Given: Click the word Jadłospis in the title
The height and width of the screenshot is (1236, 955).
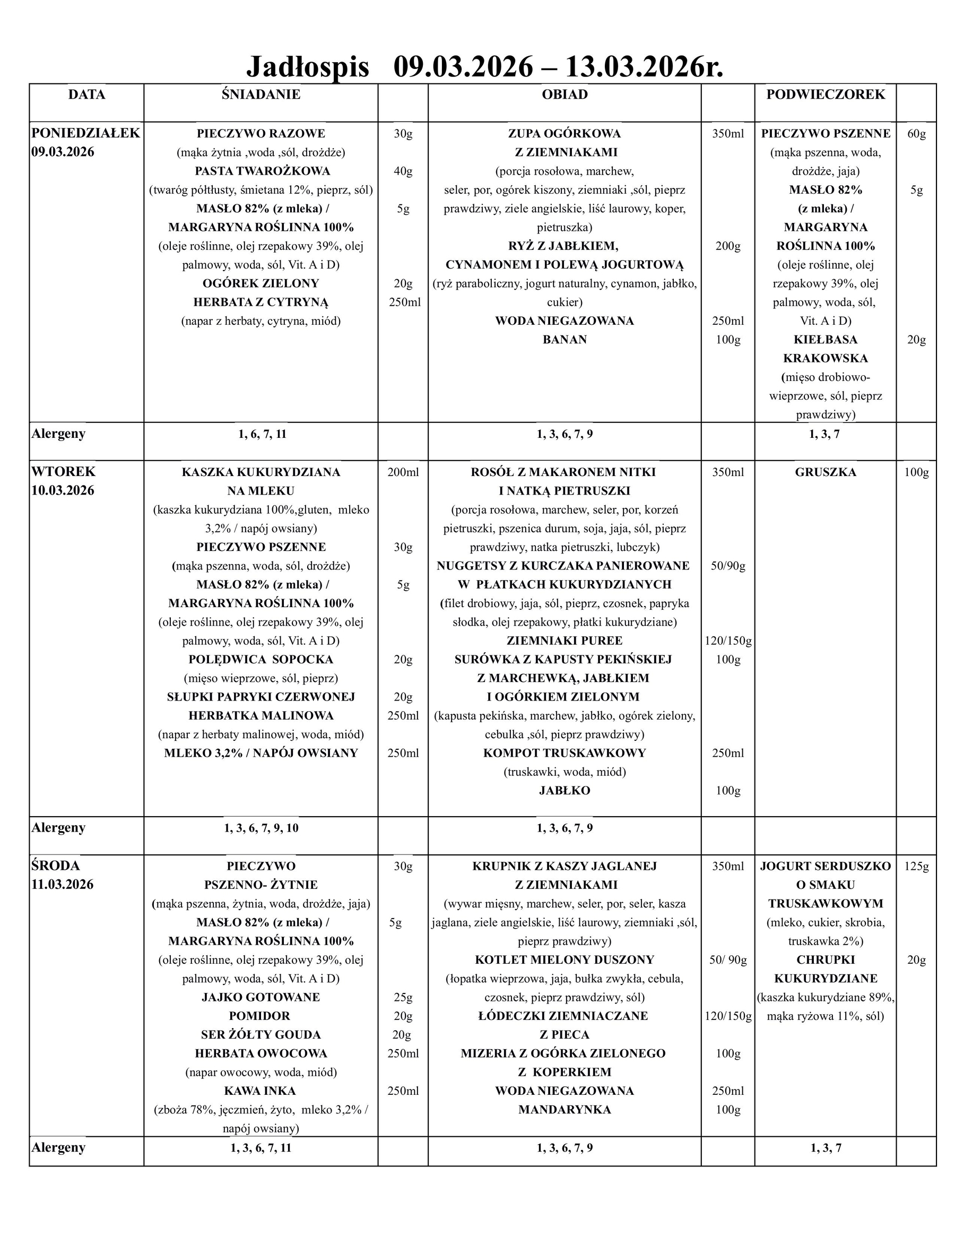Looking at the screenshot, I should tap(307, 67).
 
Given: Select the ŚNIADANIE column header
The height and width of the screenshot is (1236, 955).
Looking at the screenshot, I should tap(261, 94).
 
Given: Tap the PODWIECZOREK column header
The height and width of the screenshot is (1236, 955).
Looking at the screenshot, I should tap(825, 94).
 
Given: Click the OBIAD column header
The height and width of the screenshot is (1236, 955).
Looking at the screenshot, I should tap(564, 94).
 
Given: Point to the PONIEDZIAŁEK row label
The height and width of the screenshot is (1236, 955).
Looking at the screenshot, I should tap(85, 133).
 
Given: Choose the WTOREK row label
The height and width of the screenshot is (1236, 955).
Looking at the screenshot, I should tap(63, 471).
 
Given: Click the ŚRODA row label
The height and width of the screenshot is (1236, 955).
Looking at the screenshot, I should tap(56, 866).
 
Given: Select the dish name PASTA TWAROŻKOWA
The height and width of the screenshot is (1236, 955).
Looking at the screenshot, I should tap(262, 171).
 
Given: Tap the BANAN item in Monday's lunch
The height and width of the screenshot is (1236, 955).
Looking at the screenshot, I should tap(564, 340).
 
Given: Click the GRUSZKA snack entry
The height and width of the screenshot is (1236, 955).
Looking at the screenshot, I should tap(825, 472).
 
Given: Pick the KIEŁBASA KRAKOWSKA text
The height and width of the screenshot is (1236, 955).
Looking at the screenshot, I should tap(825, 349).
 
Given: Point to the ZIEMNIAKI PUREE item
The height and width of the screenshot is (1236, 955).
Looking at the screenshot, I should tap(564, 641).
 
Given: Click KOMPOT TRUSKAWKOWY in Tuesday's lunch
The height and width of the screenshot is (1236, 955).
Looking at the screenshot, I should tap(564, 753).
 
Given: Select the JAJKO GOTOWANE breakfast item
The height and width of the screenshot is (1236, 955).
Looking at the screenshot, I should tap(261, 997).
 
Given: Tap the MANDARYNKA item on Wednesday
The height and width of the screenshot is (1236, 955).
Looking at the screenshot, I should tap(564, 1109).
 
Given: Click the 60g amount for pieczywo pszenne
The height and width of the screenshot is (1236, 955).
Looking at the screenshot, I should tap(916, 134).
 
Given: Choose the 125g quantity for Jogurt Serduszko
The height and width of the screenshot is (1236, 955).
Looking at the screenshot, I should tap(916, 866).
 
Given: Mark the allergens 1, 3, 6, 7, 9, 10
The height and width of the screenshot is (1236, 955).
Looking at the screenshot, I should tap(261, 828).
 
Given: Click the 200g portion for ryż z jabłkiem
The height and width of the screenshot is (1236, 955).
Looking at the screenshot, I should tap(727, 246).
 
